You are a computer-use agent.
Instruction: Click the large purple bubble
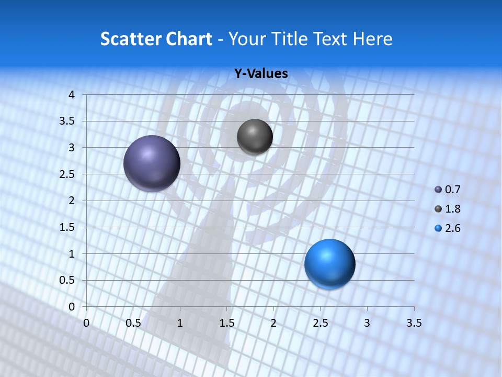point(152,163)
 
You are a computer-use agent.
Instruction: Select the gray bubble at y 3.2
point(255,137)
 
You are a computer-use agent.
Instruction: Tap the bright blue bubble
point(329,264)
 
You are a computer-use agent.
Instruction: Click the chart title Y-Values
point(261,74)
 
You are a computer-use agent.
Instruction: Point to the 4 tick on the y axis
point(72,95)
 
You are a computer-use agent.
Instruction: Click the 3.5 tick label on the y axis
point(67,121)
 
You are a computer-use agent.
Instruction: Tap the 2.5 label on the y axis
point(67,174)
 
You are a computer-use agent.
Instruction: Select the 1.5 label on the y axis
point(67,227)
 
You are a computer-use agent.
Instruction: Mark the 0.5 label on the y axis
point(67,280)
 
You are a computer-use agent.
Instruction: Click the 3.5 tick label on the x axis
point(414,323)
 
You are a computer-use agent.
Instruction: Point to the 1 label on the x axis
point(180,323)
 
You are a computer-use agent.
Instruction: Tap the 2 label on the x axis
point(273,323)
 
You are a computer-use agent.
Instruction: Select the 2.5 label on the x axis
point(320,323)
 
